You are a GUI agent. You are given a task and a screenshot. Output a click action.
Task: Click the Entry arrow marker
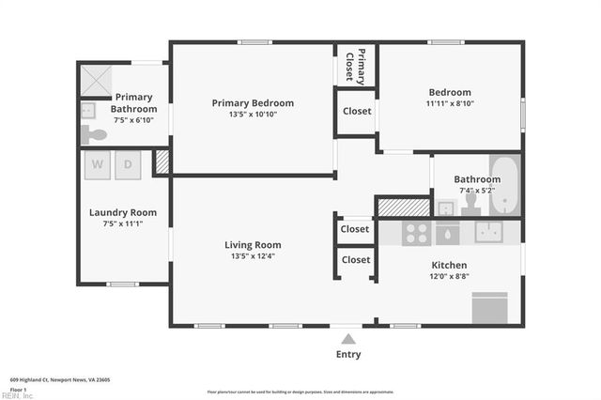pyautogui.click(x=348, y=338)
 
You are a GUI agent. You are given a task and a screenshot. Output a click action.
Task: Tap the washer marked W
pyautogui.click(x=98, y=165)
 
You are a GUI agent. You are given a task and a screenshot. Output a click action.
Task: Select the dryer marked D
pyautogui.click(x=131, y=165)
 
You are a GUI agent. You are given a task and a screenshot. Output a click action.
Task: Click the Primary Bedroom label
pyautogui.click(x=253, y=103)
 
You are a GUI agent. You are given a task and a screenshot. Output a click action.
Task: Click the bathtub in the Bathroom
pyautogui.click(x=504, y=184)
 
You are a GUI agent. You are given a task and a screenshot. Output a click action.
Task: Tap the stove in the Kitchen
pyautogui.click(x=416, y=233)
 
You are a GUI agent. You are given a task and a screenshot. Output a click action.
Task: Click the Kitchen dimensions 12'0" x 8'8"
pyautogui.click(x=449, y=277)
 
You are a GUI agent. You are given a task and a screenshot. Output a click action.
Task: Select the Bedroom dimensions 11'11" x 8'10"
pyautogui.click(x=449, y=104)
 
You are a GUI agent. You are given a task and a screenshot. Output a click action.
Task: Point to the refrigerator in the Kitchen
pyautogui.click(x=489, y=308)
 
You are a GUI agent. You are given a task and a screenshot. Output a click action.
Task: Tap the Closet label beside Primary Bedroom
pyautogui.click(x=357, y=111)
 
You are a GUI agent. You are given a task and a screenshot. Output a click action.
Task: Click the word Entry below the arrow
pyautogui.click(x=348, y=355)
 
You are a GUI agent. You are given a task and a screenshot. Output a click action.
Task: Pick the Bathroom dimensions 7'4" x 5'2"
pyautogui.click(x=477, y=192)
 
